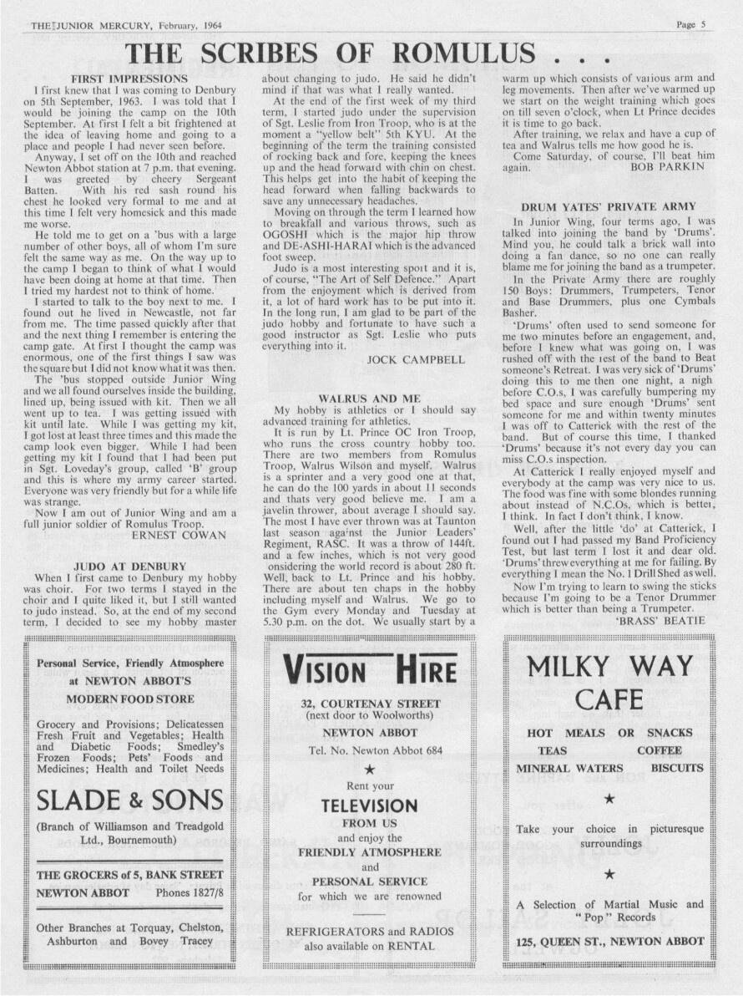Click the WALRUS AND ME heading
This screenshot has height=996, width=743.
[369, 399]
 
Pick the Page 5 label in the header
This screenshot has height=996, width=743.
[691, 25]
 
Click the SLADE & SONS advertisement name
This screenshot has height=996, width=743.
[130, 800]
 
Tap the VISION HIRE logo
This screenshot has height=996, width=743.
[370, 669]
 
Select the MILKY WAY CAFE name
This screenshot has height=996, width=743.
[609, 683]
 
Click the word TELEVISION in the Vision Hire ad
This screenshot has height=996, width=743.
[369, 806]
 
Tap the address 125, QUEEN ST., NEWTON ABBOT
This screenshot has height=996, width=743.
[609, 941]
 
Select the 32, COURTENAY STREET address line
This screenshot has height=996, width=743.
[370, 704]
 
